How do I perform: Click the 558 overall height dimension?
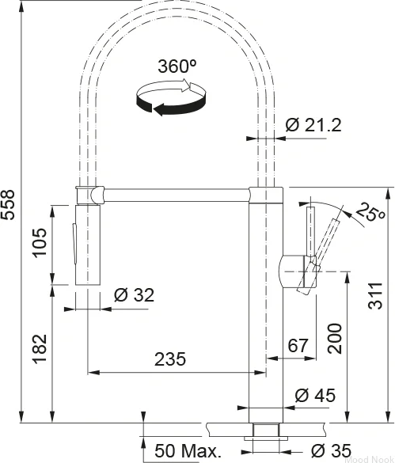[x=7, y=205]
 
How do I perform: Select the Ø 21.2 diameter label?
[x=313, y=125]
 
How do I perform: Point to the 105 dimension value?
[x=40, y=243]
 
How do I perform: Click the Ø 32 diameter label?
[x=134, y=294]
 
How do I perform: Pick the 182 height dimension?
[x=40, y=349]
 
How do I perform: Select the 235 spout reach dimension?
[x=170, y=359]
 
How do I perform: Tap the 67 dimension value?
[x=298, y=345]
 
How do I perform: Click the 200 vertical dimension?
[x=335, y=339]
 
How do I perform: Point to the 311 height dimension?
[x=375, y=295]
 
